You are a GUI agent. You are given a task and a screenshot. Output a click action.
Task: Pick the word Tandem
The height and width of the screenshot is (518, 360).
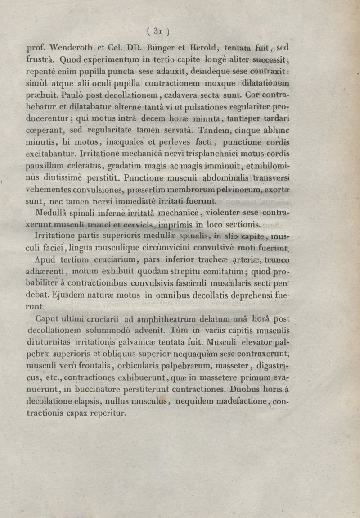tap(211, 131)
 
